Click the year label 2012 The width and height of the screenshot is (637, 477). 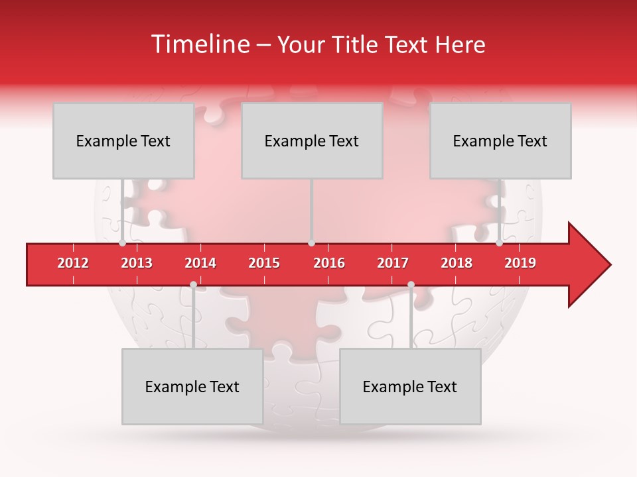coord(73,263)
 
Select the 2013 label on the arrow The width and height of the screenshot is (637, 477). coord(137,263)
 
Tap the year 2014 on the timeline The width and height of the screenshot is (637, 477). coord(200,263)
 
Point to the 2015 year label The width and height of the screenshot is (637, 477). coord(264,263)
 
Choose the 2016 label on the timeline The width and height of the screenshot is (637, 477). coord(329,263)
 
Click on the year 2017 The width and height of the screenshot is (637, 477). coord(393,263)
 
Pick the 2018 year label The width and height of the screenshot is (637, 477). coord(457,263)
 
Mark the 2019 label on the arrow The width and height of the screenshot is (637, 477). coord(520,263)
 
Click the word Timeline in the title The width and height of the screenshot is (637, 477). coord(199,44)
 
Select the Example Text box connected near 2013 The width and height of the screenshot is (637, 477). coord(123,140)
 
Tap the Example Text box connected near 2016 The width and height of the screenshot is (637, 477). coord(312,140)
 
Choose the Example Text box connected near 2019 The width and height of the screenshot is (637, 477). coord(500,140)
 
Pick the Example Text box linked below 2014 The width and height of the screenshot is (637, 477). coord(192,386)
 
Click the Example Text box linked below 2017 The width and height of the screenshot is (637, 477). coord(410,386)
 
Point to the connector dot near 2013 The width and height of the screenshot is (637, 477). coord(122,243)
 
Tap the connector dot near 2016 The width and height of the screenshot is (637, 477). coord(311,243)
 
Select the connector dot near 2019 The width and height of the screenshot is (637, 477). coord(499,243)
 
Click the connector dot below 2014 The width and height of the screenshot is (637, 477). coord(193,284)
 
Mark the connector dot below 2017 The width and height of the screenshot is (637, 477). coord(411,284)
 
